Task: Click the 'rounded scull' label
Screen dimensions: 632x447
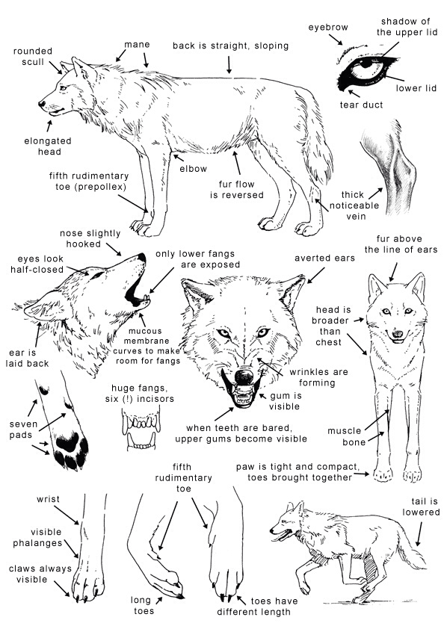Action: [32, 57]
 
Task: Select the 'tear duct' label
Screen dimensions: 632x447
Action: [361, 105]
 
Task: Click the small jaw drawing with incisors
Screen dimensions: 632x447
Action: [140, 431]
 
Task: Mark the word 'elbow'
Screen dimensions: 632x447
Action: [193, 169]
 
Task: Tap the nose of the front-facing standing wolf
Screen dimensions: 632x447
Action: [396, 335]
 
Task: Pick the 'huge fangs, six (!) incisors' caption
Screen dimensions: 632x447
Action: [140, 394]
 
